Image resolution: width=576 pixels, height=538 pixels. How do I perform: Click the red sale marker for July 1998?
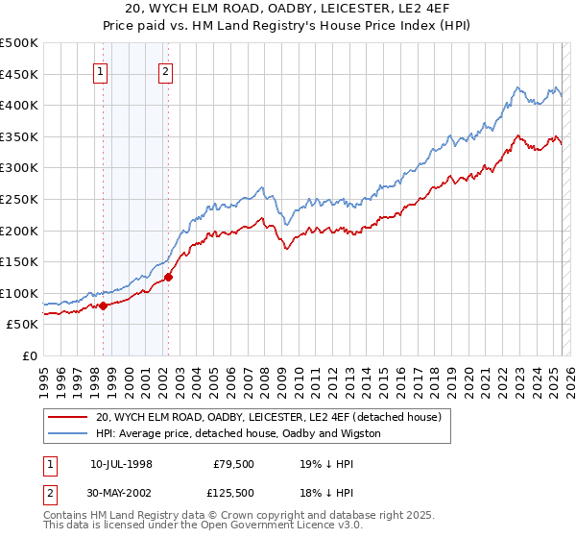point(103,306)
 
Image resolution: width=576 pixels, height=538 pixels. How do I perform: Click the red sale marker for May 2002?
point(168,277)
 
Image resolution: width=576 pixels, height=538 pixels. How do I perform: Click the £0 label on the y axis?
point(31,356)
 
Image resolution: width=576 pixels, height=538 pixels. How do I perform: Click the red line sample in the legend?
point(67,417)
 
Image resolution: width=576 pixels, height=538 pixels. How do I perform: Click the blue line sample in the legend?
point(67,433)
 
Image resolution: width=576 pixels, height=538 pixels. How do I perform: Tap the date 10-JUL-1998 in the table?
point(121,463)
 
